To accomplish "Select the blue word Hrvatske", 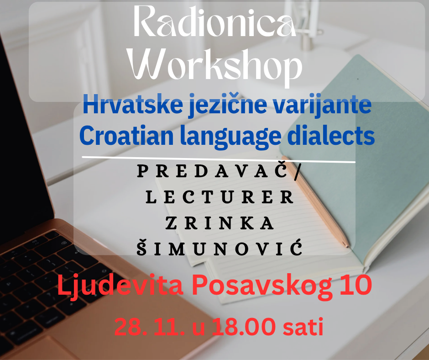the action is tap(133, 104).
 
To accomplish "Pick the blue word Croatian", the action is tap(126, 136).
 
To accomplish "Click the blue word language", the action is tap(231, 138).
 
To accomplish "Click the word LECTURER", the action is tap(220, 197).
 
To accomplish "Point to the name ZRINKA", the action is tap(220, 223).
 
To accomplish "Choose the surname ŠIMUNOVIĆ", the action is tap(220, 248).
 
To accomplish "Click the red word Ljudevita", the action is tap(120, 286).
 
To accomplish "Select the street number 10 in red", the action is tap(356, 285).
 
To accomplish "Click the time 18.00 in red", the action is tap(244, 327).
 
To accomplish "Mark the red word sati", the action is tap(303, 327).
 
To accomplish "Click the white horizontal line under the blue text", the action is tap(219, 160).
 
